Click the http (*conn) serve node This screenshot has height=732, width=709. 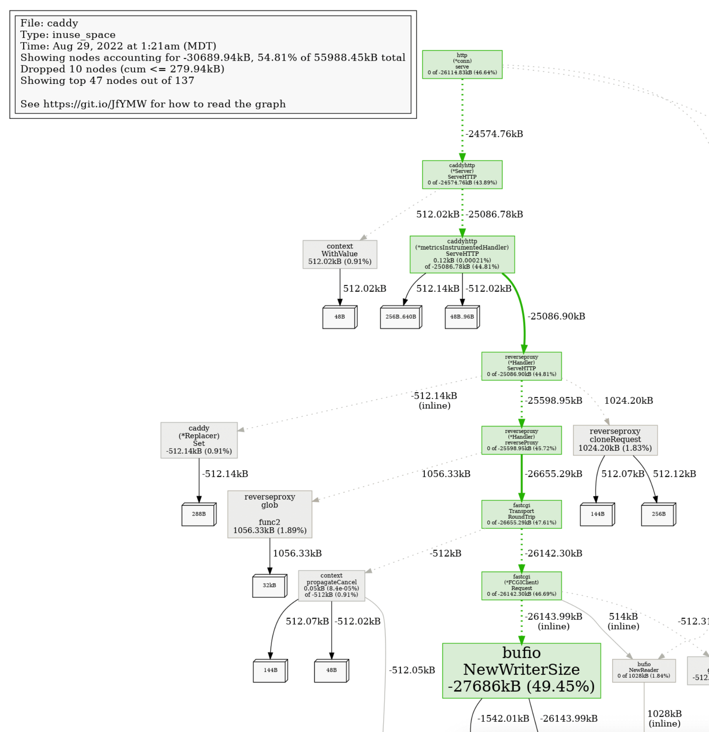[x=462, y=64]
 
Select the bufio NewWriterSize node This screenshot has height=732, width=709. [x=521, y=671]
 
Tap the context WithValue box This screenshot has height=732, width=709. [x=340, y=254]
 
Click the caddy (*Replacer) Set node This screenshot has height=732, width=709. [x=199, y=440]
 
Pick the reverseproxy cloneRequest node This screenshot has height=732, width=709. [x=615, y=440]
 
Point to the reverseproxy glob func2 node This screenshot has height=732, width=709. [x=270, y=514]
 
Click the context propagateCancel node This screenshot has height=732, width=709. [x=331, y=586]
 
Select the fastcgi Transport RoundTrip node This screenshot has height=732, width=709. [x=521, y=514]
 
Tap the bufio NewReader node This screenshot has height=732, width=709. [x=644, y=671]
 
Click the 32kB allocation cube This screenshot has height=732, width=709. [x=269, y=586]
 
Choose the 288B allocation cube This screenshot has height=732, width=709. [x=198, y=514]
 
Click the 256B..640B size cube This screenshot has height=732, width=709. [x=400, y=317]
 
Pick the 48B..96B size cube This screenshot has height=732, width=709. [x=462, y=317]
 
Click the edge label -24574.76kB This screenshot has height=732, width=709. [x=494, y=134]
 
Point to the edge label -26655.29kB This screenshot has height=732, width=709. [x=553, y=474]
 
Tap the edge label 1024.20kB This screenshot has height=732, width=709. [x=628, y=401]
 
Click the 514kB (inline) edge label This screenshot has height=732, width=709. [x=623, y=621]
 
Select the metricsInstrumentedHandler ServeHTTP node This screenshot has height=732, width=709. [x=462, y=254]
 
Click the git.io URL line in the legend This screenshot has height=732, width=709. [x=153, y=104]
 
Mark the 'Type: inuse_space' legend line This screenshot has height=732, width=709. [x=68, y=35]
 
